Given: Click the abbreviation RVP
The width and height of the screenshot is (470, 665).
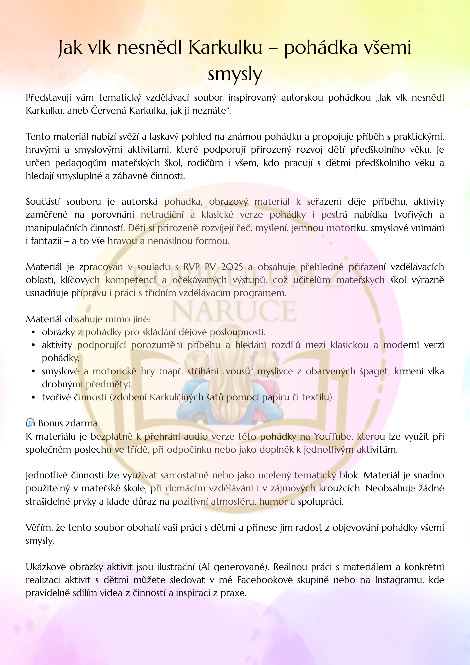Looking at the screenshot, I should [x=191, y=267].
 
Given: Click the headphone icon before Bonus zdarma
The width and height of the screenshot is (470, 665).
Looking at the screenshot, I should [x=30, y=423].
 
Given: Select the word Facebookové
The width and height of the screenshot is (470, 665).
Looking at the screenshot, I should [x=265, y=580].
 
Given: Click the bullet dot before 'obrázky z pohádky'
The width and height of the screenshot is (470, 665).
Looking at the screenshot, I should [x=33, y=332].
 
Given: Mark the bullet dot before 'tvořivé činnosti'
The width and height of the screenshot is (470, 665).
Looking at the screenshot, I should [x=33, y=397].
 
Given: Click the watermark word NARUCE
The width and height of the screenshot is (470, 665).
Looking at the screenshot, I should [x=234, y=311].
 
